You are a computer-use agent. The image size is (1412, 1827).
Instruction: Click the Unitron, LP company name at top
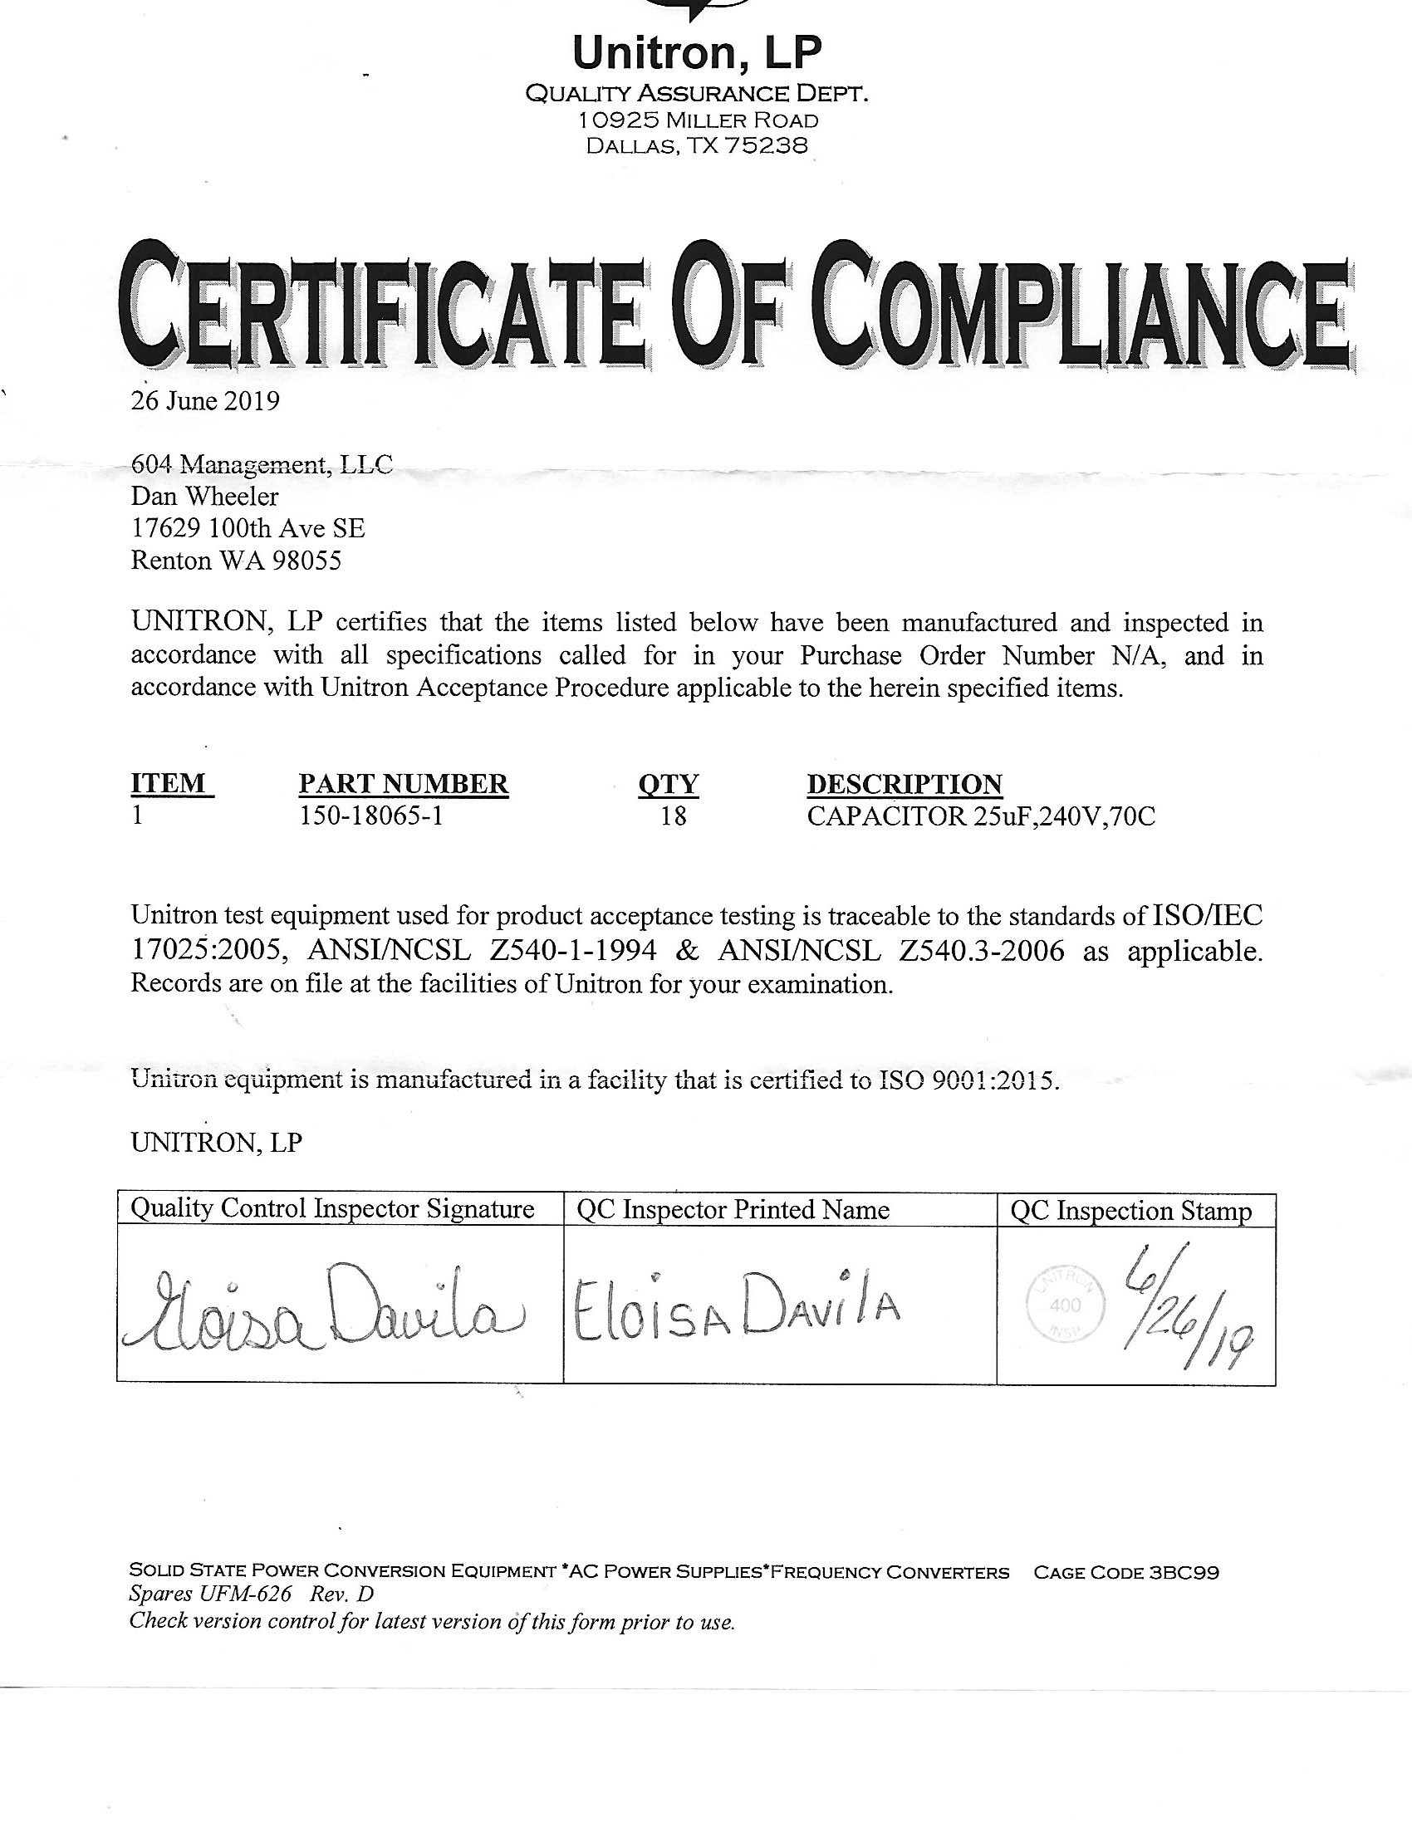[x=697, y=53]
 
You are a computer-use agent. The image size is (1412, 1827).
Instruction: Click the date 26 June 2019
[x=205, y=402]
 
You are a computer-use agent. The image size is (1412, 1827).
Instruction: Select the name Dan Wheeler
[x=205, y=497]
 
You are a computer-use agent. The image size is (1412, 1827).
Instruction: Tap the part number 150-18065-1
[x=370, y=816]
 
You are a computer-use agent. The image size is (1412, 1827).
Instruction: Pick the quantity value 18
[x=673, y=816]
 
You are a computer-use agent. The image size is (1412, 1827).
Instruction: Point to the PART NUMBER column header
[x=403, y=784]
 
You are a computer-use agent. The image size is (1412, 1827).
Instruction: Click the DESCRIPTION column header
[x=905, y=784]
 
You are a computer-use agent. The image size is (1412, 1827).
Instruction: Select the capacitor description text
[x=980, y=816]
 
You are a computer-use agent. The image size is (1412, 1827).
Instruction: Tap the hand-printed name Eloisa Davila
[x=735, y=1309]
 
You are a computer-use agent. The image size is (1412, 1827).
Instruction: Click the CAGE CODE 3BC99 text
[x=1126, y=1572]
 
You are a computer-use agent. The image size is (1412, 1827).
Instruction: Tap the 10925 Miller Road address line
[x=697, y=120]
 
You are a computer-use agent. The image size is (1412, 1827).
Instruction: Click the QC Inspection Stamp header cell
[x=1131, y=1212]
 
